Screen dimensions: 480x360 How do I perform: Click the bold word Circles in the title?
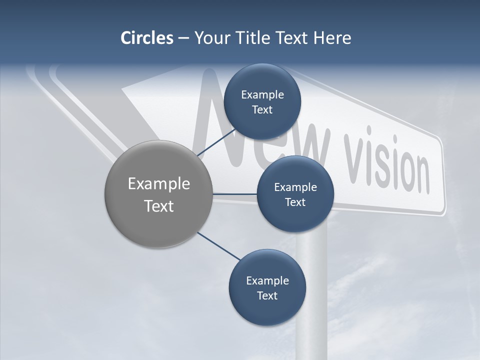click(x=146, y=38)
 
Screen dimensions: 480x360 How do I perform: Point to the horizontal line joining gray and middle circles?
click(x=234, y=193)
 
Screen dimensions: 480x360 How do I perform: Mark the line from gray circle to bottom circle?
click(x=218, y=245)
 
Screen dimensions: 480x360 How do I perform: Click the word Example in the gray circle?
click(x=159, y=184)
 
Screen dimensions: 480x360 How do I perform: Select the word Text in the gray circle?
click(x=159, y=206)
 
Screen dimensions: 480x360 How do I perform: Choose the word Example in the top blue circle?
click(x=262, y=94)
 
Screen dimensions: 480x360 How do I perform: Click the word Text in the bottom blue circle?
click(x=267, y=295)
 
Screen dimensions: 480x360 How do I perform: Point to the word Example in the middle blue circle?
click(x=295, y=187)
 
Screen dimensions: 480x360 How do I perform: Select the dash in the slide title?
click(x=183, y=38)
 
